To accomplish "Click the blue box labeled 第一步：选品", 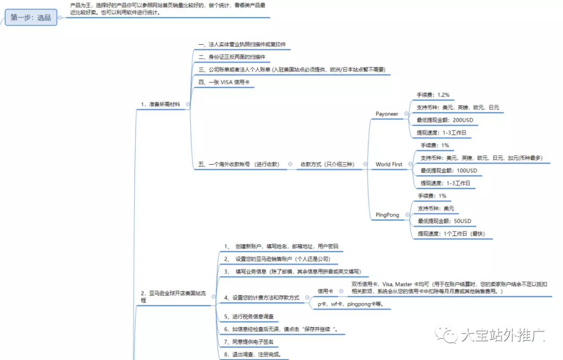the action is (31, 18).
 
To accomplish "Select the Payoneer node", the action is (387, 114).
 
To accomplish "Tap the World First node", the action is (389, 164).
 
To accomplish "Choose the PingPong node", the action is (387, 215).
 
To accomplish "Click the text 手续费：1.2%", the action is (433, 95).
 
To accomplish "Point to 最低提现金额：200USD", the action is (445, 120).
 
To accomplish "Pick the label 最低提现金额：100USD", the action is (448, 170).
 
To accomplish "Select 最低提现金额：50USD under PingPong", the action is (444, 221).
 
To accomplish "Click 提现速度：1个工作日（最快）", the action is (451, 234).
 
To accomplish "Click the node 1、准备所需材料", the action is (160, 104).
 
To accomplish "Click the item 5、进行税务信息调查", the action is (248, 316).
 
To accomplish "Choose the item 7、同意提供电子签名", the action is (248, 342).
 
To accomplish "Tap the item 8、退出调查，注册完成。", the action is (252, 354).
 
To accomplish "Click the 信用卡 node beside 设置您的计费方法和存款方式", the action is (326, 291).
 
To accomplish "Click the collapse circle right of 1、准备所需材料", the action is (188, 104).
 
